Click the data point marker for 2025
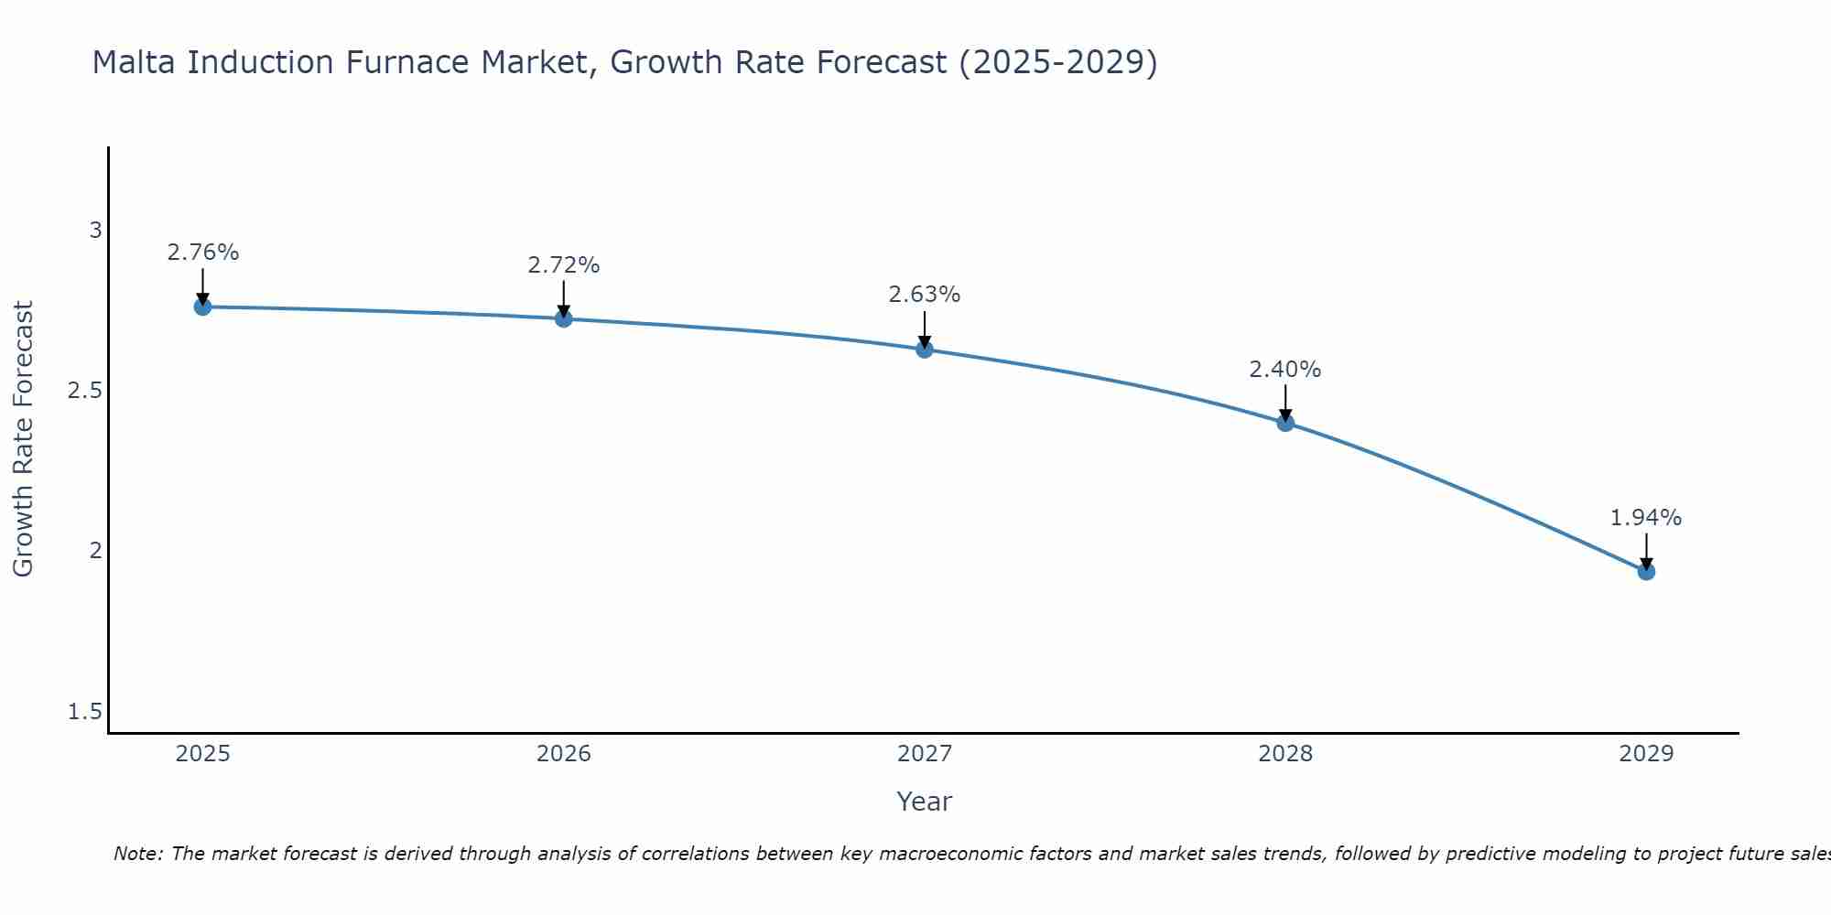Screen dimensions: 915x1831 (x=203, y=307)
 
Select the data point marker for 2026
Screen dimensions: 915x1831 (x=564, y=318)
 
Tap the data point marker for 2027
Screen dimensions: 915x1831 (x=925, y=349)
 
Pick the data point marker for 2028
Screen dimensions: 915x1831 (x=1285, y=423)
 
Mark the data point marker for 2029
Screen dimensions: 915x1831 (x=1646, y=572)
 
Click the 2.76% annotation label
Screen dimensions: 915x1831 (x=203, y=253)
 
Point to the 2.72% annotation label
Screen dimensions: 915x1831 (x=564, y=265)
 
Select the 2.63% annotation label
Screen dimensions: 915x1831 (x=925, y=295)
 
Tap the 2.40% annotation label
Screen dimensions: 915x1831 (x=1285, y=370)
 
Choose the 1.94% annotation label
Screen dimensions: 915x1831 (x=1646, y=518)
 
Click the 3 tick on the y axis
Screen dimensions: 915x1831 (x=95, y=231)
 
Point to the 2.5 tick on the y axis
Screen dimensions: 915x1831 (x=85, y=391)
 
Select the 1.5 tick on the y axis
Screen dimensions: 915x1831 (x=85, y=712)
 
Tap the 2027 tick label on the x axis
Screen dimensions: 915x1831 (x=925, y=754)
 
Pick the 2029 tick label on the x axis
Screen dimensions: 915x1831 (x=1646, y=754)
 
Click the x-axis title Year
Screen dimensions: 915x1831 (x=925, y=802)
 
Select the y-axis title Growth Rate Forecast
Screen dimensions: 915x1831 (x=23, y=439)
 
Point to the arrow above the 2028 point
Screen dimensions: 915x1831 (x=1285, y=403)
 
